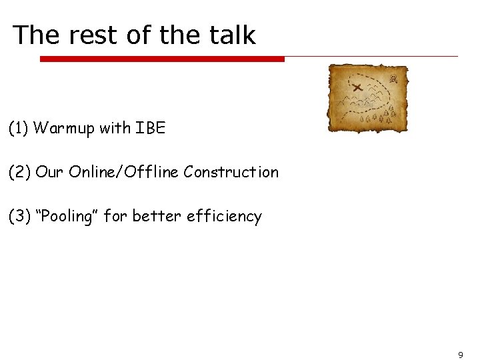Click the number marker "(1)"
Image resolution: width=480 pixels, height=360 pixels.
point(19,128)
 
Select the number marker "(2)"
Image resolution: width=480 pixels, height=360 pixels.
point(19,172)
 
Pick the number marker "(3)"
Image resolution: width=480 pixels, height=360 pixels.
point(19,216)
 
